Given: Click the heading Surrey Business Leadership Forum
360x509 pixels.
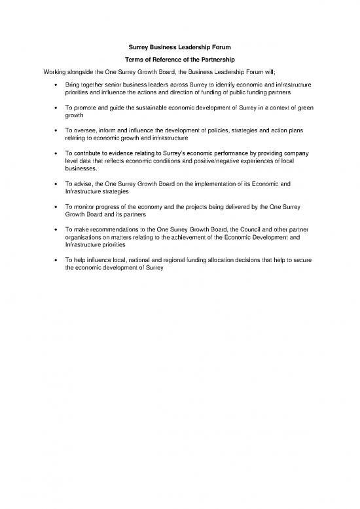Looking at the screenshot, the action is tap(179, 47).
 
